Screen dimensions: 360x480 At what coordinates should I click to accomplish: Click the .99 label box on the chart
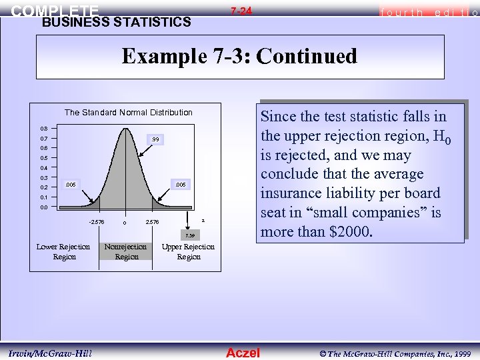(154, 139)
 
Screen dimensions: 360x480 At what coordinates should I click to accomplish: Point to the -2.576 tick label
(96, 221)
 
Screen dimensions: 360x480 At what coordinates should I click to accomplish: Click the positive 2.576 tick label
(152, 222)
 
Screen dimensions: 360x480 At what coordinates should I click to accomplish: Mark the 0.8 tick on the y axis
(43, 127)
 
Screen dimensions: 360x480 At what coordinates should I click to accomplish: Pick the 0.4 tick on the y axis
(43, 168)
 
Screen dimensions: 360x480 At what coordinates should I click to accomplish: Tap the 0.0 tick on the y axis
(43, 208)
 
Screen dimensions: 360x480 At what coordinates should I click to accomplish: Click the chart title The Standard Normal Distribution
(128, 112)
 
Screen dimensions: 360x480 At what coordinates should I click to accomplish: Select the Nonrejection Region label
(127, 251)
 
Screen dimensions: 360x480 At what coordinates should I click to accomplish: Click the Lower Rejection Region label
(64, 251)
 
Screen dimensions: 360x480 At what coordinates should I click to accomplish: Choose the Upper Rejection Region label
(189, 251)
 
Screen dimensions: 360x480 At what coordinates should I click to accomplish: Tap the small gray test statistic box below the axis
(190, 235)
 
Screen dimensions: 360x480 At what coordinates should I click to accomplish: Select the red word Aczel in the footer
(243, 353)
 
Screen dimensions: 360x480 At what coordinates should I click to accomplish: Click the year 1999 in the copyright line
(461, 353)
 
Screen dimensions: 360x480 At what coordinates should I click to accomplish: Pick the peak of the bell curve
(125, 127)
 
